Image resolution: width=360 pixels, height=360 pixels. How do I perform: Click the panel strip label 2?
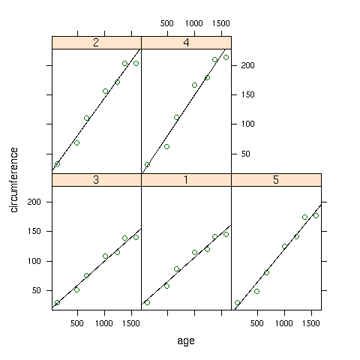(96, 43)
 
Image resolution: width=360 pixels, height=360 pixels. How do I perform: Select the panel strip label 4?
(186, 43)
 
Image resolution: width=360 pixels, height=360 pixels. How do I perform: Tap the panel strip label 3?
(96, 180)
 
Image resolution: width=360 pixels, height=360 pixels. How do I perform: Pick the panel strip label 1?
(186, 180)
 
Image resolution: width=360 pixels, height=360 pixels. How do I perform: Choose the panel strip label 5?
(276, 180)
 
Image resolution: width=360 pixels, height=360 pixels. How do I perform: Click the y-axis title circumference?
(14, 180)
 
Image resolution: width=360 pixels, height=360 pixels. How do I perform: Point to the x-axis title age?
(186, 341)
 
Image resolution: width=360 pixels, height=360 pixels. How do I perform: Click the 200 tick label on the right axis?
(247, 65)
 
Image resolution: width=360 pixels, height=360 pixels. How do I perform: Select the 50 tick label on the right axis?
(245, 154)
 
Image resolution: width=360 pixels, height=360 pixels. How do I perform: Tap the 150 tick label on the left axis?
(34, 231)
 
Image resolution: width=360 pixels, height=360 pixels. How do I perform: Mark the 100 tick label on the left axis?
(34, 261)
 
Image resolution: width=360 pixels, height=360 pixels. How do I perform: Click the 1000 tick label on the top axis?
(193, 23)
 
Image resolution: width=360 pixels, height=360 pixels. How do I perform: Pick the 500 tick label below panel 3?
(76, 323)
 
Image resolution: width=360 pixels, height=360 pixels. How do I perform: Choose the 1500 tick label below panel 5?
(310, 323)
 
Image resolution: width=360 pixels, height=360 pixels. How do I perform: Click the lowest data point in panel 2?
(57, 164)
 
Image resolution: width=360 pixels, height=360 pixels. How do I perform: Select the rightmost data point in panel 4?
(226, 58)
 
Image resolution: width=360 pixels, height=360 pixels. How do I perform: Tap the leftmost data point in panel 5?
(237, 303)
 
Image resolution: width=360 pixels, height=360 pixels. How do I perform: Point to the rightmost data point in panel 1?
(226, 234)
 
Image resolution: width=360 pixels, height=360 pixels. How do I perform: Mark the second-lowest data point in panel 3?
(76, 289)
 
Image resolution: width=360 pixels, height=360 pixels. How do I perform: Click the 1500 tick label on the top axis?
(221, 23)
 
